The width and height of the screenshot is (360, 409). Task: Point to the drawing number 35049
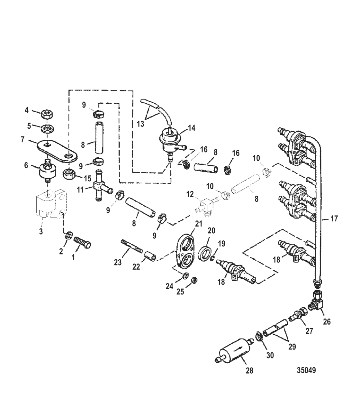pyautogui.click(x=306, y=370)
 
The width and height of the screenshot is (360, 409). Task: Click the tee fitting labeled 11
pyautogui.click(x=100, y=186)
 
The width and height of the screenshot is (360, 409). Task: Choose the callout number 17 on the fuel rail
pyautogui.click(x=334, y=219)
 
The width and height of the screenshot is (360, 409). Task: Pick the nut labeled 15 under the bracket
pyautogui.click(x=69, y=174)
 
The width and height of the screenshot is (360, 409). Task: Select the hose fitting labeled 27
pyautogui.click(x=297, y=314)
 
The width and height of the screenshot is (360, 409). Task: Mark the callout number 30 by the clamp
pyautogui.click(x=270, y=355)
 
